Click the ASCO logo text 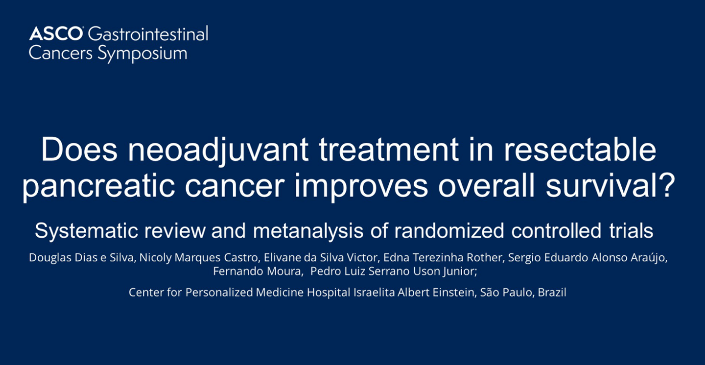[56, 33]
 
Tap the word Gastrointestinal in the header [148, 33]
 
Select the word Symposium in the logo [142, 54]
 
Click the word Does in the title [79, 150]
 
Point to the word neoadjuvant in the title [218, 151]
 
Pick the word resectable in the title [580, 150]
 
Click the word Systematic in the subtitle [86, 231]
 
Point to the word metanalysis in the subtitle [308, 231]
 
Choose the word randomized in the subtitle [449, 231]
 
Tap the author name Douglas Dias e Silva [81, 258]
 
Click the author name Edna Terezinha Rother [442, 258]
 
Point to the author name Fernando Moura [257, 271]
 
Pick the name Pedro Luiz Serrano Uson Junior [392, 272]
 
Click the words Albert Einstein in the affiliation [436, 293]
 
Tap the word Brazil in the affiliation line [552, 293]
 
